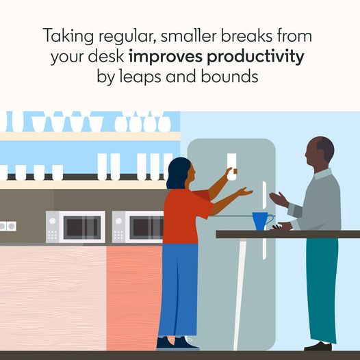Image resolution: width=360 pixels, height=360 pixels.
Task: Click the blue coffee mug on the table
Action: (261, 221)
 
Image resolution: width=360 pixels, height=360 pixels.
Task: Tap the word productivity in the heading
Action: (255, 57)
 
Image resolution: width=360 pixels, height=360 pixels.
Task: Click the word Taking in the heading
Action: (68, 36)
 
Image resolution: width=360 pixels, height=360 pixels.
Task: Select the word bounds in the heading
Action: (229, 76)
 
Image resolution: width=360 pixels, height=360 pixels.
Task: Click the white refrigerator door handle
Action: (264, 220)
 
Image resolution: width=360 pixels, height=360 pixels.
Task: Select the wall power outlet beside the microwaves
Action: (8, 227)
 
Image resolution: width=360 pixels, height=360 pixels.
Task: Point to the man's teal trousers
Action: (322, 290)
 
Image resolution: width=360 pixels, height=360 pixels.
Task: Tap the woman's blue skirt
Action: (178, 290)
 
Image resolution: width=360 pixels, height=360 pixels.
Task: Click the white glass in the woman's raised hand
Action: (231, 166)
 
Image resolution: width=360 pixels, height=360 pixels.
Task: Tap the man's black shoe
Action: (318, 346)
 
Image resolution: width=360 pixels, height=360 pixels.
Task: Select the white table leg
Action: (240, 294)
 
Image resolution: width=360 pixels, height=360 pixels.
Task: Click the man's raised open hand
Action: (279, 200)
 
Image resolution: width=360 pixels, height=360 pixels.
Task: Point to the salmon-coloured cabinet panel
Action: (135, 298)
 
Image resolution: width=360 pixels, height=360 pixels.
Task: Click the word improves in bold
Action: (166, 57)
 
